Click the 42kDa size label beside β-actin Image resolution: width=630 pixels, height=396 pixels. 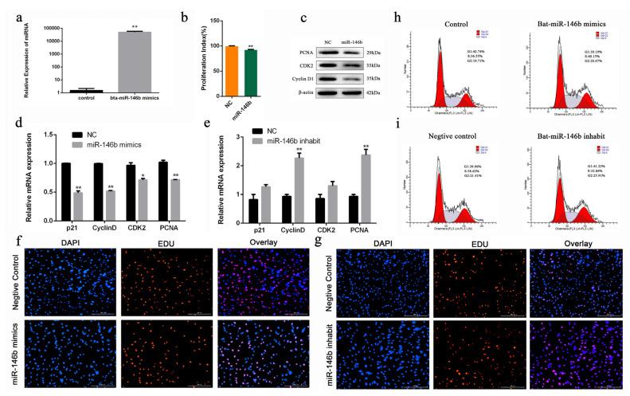pos(368,93)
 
